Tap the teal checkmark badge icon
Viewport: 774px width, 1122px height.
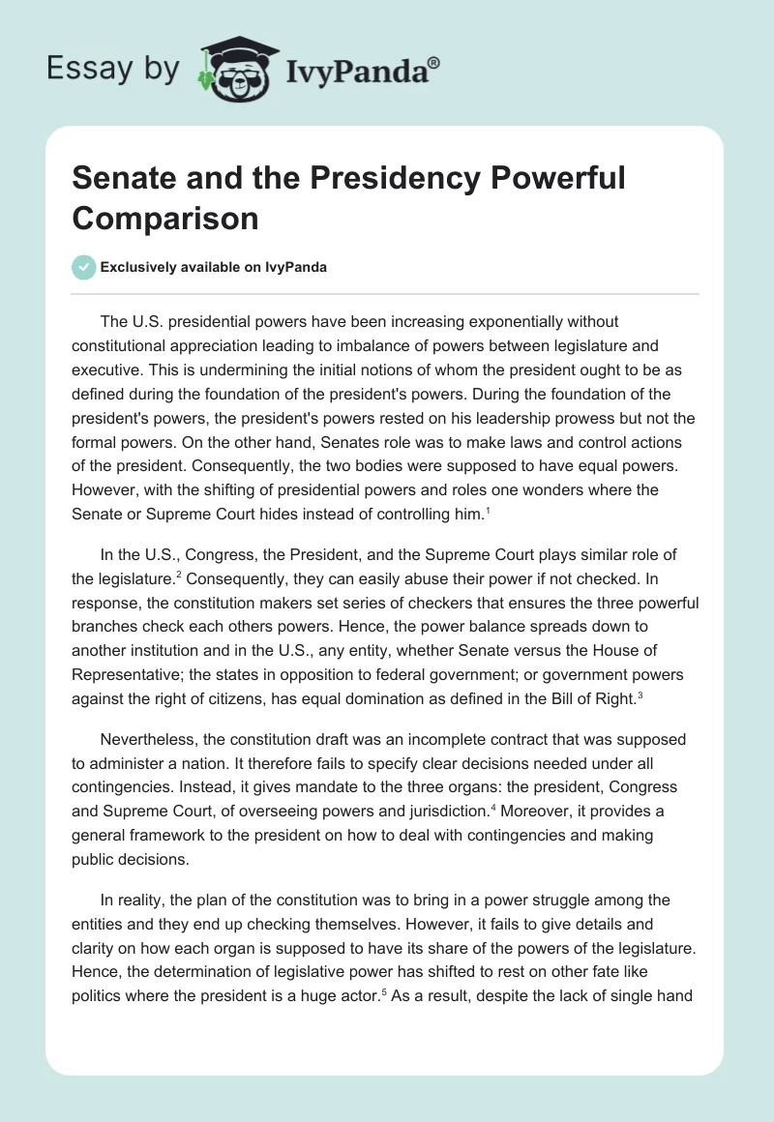point(84,267)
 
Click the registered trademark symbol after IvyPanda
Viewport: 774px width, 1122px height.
point(434,61)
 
